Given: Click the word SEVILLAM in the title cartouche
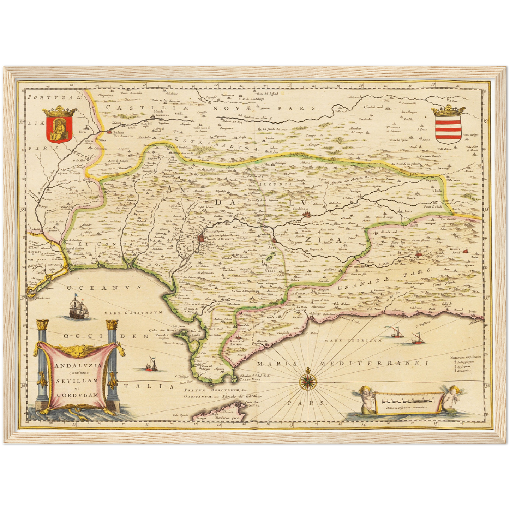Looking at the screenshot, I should [x=78, y=381].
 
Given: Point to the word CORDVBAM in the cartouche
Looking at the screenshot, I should [x=78, y=395].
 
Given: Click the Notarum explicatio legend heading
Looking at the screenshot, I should [x=465, y=357].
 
